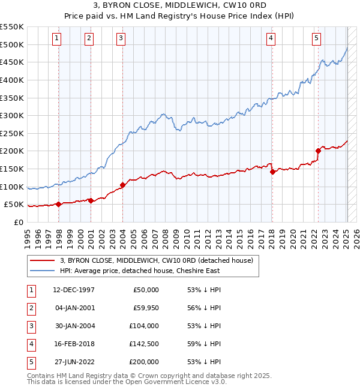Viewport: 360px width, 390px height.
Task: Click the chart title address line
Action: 180,6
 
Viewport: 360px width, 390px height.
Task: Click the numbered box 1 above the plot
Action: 56,38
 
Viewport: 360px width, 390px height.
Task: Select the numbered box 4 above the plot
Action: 271,38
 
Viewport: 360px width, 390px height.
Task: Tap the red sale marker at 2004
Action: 122,185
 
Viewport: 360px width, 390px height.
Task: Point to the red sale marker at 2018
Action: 272,172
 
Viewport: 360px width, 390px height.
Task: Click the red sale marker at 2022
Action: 318,151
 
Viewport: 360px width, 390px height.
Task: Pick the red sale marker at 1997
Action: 59,204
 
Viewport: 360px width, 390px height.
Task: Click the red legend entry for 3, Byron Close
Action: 157,260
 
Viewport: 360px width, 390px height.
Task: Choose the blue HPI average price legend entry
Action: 140,271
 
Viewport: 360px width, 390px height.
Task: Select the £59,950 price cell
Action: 144,308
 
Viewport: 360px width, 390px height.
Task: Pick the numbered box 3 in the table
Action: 30,326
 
